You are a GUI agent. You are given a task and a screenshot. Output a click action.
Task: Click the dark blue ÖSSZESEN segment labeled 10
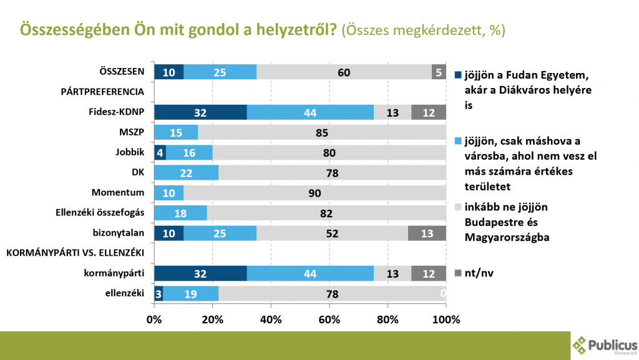pos(168,72)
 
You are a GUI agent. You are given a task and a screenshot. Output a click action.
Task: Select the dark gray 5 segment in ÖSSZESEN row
pos(439,72)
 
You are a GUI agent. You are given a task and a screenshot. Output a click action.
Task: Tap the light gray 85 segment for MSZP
pos(321,132)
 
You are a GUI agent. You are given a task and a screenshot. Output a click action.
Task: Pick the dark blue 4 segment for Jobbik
pos(160,152)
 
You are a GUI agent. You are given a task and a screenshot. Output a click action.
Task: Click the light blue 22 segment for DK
pos(186,172)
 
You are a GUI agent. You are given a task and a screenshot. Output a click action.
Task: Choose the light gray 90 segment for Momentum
pos(315,193)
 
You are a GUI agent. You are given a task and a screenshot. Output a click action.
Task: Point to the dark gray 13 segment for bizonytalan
pos(427,233)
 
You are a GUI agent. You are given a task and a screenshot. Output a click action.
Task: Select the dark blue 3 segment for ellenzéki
pos(159,294)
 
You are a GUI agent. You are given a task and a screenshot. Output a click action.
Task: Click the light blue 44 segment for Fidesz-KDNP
pos(310,112)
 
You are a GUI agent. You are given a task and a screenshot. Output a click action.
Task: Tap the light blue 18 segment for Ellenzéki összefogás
pos(180,213)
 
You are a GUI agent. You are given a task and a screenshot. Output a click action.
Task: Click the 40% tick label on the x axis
pos(271,320)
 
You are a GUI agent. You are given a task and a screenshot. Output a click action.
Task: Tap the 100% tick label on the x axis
pos(446,320)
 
